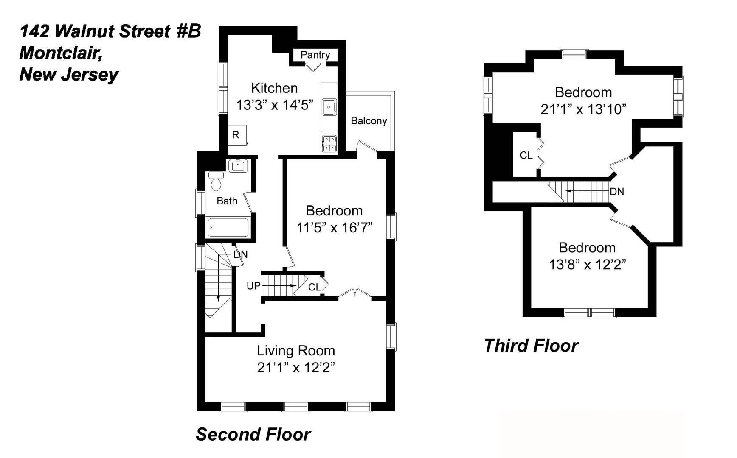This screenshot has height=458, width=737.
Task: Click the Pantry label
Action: (315, 55)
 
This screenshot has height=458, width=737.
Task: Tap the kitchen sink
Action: (329, 107)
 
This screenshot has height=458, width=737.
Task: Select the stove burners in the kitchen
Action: (329, 143)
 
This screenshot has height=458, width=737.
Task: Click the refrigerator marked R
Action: (236, 135)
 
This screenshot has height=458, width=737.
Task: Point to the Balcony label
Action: (368, 121)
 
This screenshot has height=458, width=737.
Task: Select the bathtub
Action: (228, 227)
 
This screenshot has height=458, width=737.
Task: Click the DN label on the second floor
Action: (240, 254)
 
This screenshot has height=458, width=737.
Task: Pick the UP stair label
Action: (253, 286)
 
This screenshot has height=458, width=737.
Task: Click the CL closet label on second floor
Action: (314, 287)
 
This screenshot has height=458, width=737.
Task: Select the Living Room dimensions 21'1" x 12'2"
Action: (296, 367)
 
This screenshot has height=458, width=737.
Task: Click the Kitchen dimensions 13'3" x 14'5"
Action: (275, 105)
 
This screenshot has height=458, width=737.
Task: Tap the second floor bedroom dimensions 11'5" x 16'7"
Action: (334, 228)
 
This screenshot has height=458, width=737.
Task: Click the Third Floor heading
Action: (531, 346)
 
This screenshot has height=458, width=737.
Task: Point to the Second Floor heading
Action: (253, 434)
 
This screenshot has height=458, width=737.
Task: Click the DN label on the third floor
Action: (616, 192)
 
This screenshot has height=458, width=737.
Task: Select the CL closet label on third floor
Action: (526, 155)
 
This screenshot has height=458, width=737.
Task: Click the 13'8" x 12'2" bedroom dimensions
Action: (587, 265)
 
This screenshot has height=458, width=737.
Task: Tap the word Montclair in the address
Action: (61, 53)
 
